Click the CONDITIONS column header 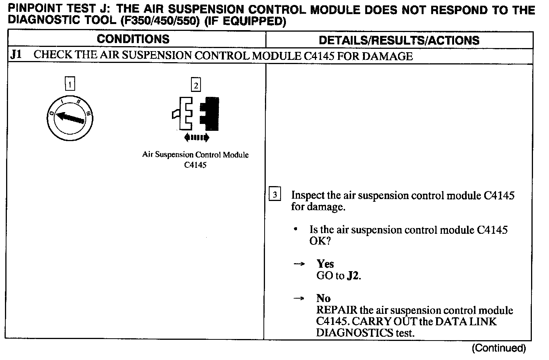click(x=133, y=39)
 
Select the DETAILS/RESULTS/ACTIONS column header click(x=399, y=40)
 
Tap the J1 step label click(x=16, y=55)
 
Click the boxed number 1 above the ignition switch click(x=70, y=84)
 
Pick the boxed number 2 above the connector click(x=196, y=85)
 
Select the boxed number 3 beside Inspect click(x=275, y=195)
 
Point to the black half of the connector click(x=210, y=114)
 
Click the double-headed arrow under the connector click(x=196, y=137)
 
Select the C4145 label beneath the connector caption click(x=195, y=165)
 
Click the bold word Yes click(x=325, y=264)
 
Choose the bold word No click(x=323, y=298)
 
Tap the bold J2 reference click(x=353, y=276)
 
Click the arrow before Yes click(x=299, y=264)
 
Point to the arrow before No click(x=299, y=298)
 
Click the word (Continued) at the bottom click(x=499, y=348)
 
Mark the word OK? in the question click(x=320, y=241)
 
